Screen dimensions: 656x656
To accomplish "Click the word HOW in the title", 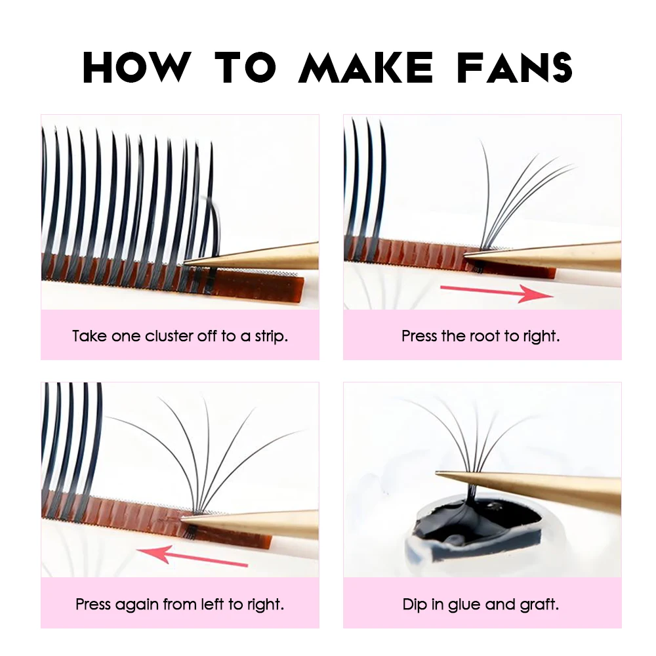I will (x=136, y=67).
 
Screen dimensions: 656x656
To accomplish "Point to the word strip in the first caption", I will (x=269, y=337).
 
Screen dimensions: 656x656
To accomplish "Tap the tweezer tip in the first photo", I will (x=188, y=263).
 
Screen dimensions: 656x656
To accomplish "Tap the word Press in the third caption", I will (x=93, y=604).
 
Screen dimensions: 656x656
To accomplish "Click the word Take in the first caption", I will (x=89, y=337).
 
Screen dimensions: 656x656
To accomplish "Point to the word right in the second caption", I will (x=541, y=337).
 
